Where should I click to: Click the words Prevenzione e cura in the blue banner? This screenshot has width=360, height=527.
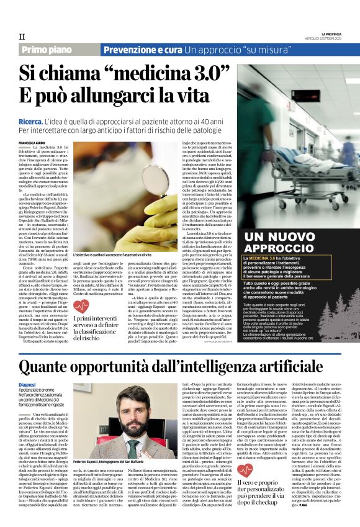pyautogui.click(x=142, y=50)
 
